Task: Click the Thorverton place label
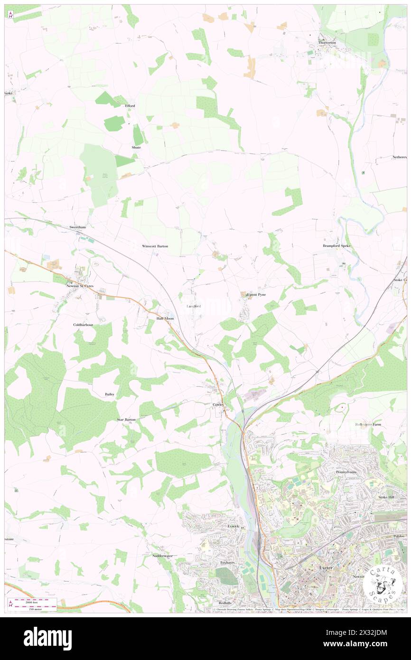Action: click(x=327, y=42)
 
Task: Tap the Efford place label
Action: click(x=130, y=105)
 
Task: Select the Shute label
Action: click(x=136, y=147)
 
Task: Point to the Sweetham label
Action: click(x=78, y=227)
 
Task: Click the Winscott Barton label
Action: click(x=155, y=246)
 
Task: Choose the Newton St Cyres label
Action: click(x=80, y=286)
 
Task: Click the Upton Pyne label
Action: click(x=256, y=294)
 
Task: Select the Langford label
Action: click(x=194, y=306)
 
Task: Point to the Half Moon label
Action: click(x=165, y=319)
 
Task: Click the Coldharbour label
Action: click(x=83, y=325)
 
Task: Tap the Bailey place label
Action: click(x=110, y=394)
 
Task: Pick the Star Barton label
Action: click(x=127, y=420)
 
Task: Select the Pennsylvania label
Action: click(x=346, y=472)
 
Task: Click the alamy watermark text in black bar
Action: click(x=47, y=638)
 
